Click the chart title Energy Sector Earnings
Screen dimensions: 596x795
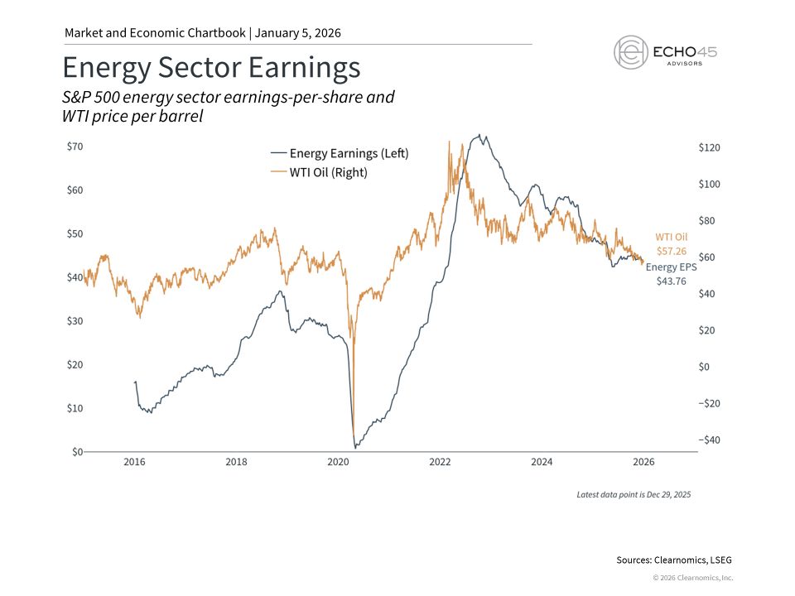click(211, 66)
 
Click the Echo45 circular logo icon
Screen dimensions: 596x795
click(630, 51)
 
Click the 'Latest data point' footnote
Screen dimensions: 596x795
click(634, 494)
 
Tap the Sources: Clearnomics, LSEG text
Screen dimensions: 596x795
click(675, 560)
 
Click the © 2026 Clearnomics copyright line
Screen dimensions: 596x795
click(692, 578)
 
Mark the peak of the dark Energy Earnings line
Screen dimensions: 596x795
click(478, 136)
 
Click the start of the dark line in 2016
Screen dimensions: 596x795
click(135, 382)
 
